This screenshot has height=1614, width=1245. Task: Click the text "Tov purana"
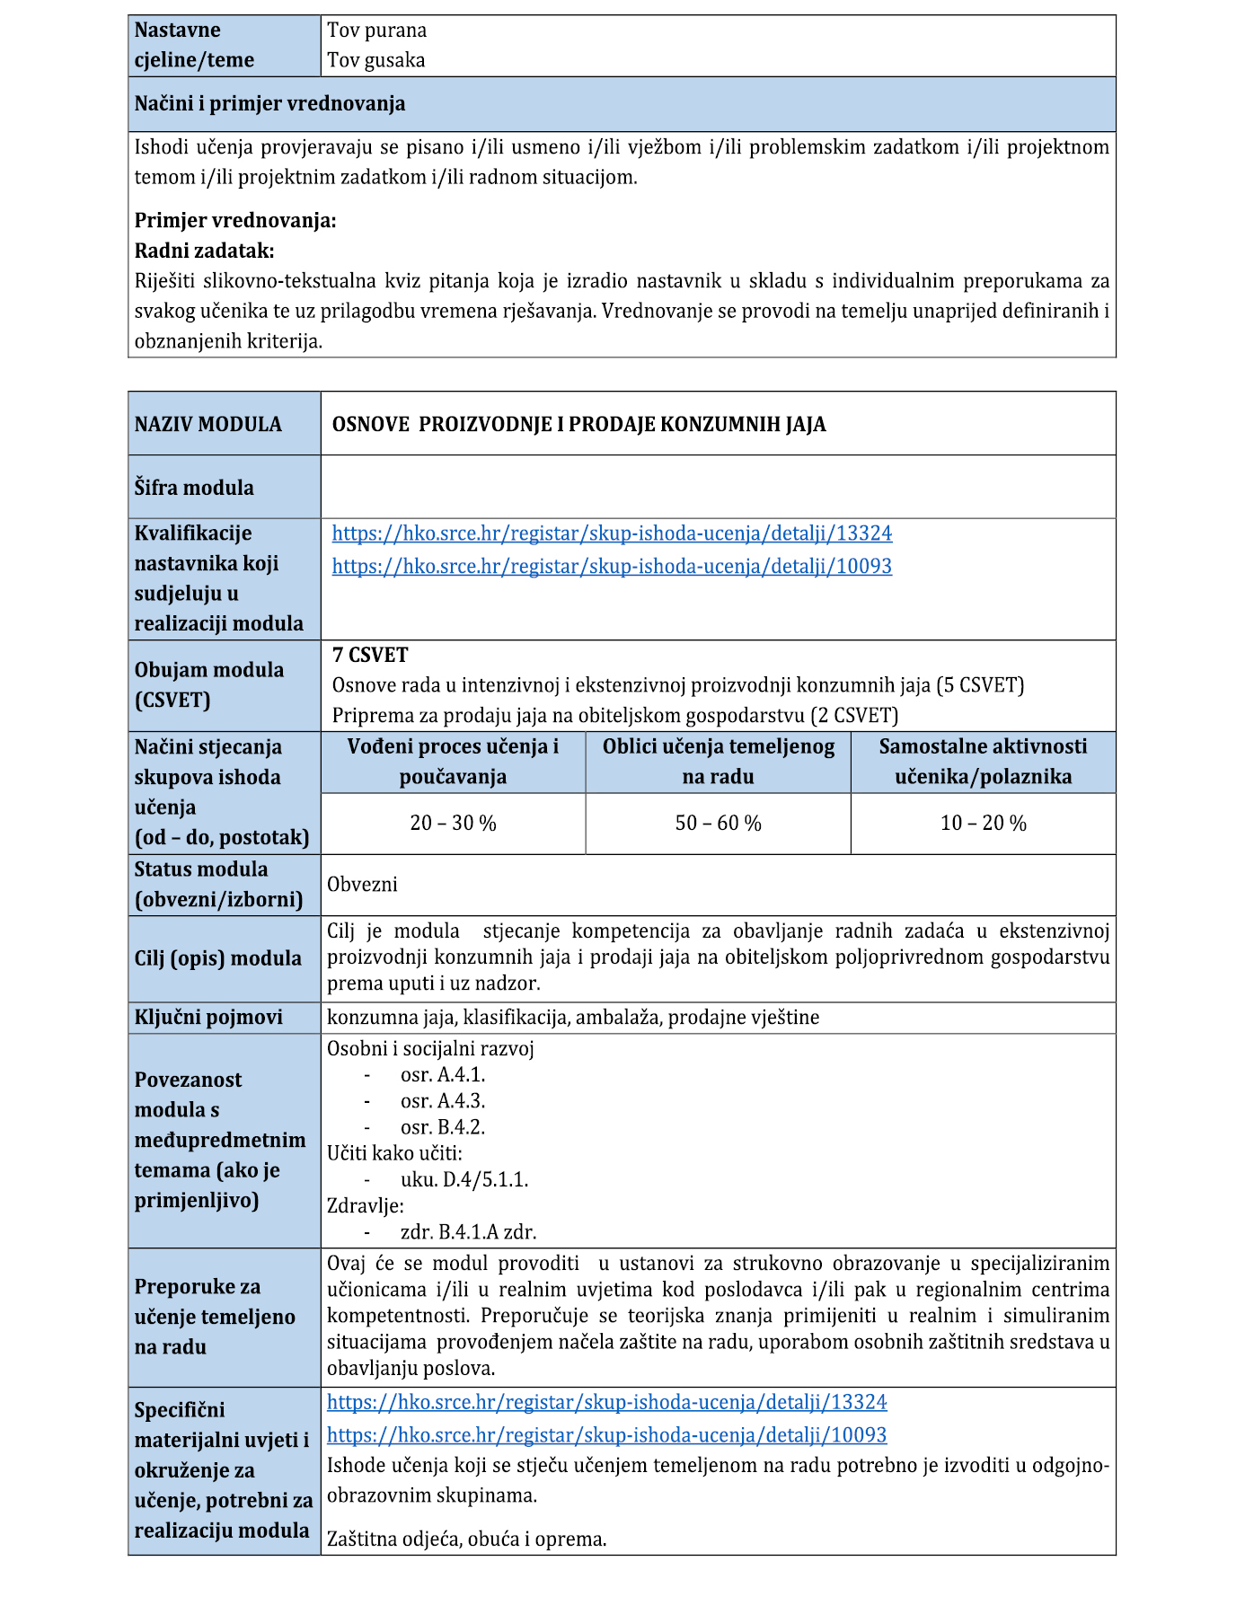[376, 31]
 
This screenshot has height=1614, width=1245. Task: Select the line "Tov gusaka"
[375, 60]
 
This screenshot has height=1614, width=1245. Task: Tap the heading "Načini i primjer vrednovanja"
[269, 103]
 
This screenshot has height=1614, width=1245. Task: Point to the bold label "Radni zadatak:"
[204, 251]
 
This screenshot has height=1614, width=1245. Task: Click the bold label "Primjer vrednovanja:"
[235, 220]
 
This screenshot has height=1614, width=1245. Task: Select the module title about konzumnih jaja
[578, 424]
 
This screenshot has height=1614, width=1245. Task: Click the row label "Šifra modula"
[194, 488]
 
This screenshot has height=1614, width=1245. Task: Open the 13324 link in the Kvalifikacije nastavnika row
[612, 534]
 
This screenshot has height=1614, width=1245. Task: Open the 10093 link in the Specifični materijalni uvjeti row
[606, 1434]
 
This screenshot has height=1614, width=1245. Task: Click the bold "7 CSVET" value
[370, 655]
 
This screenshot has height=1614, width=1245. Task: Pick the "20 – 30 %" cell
[453, 823]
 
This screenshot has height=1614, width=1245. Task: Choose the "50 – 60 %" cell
[718, 823]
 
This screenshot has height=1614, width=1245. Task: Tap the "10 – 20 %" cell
[983, 823]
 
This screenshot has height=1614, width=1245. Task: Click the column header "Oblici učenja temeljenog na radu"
[718, 762]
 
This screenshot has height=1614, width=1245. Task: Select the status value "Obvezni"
[362, 884]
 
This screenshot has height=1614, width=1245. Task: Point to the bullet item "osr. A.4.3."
[442, 1101]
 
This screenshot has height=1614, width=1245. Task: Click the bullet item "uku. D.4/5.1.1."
[464, 1179]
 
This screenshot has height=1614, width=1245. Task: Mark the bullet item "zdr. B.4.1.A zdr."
[468, 1232]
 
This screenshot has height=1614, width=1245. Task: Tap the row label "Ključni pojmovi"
[208, 1018]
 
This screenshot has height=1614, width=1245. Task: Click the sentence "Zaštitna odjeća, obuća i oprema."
[466, 1539]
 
